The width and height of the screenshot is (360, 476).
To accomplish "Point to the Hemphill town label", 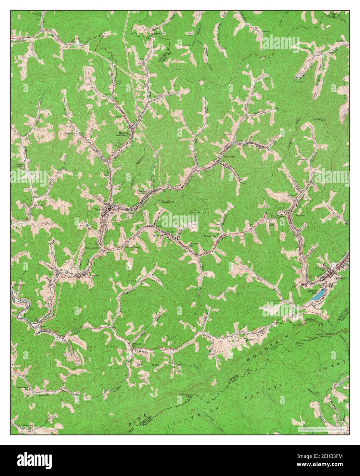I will pos(124,132).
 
